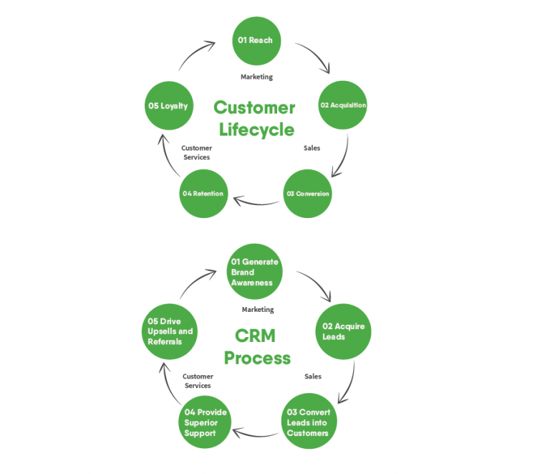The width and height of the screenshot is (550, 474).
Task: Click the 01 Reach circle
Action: (x=256, y=41)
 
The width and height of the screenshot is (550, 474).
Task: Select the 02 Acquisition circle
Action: (x=342, y=105)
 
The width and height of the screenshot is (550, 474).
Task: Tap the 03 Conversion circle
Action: (x=308, y=194)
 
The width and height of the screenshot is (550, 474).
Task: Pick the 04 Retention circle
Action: (x=203, y=194)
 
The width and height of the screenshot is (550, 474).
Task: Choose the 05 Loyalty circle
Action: (x=168, y=106)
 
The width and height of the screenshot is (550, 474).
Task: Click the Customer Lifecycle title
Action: (x=255, y=118)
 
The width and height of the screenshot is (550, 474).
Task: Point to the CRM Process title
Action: (x=257, y=346)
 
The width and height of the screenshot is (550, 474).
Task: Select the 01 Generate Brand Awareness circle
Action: (x=255, y=272)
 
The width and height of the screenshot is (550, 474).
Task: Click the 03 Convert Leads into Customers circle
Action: (x=308, y=423)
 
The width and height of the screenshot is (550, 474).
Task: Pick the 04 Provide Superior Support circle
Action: (x=206, y=423)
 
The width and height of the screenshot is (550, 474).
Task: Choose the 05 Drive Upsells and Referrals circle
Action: (x=170, y=332)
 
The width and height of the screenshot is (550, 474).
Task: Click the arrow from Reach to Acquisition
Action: (x=315, y=56)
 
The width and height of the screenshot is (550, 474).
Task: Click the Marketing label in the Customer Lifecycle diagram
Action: (x=256, y=77)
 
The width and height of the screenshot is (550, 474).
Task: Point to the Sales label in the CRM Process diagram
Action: (x=312, y=376)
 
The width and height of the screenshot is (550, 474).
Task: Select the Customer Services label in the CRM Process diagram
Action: (x=198, y=381)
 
